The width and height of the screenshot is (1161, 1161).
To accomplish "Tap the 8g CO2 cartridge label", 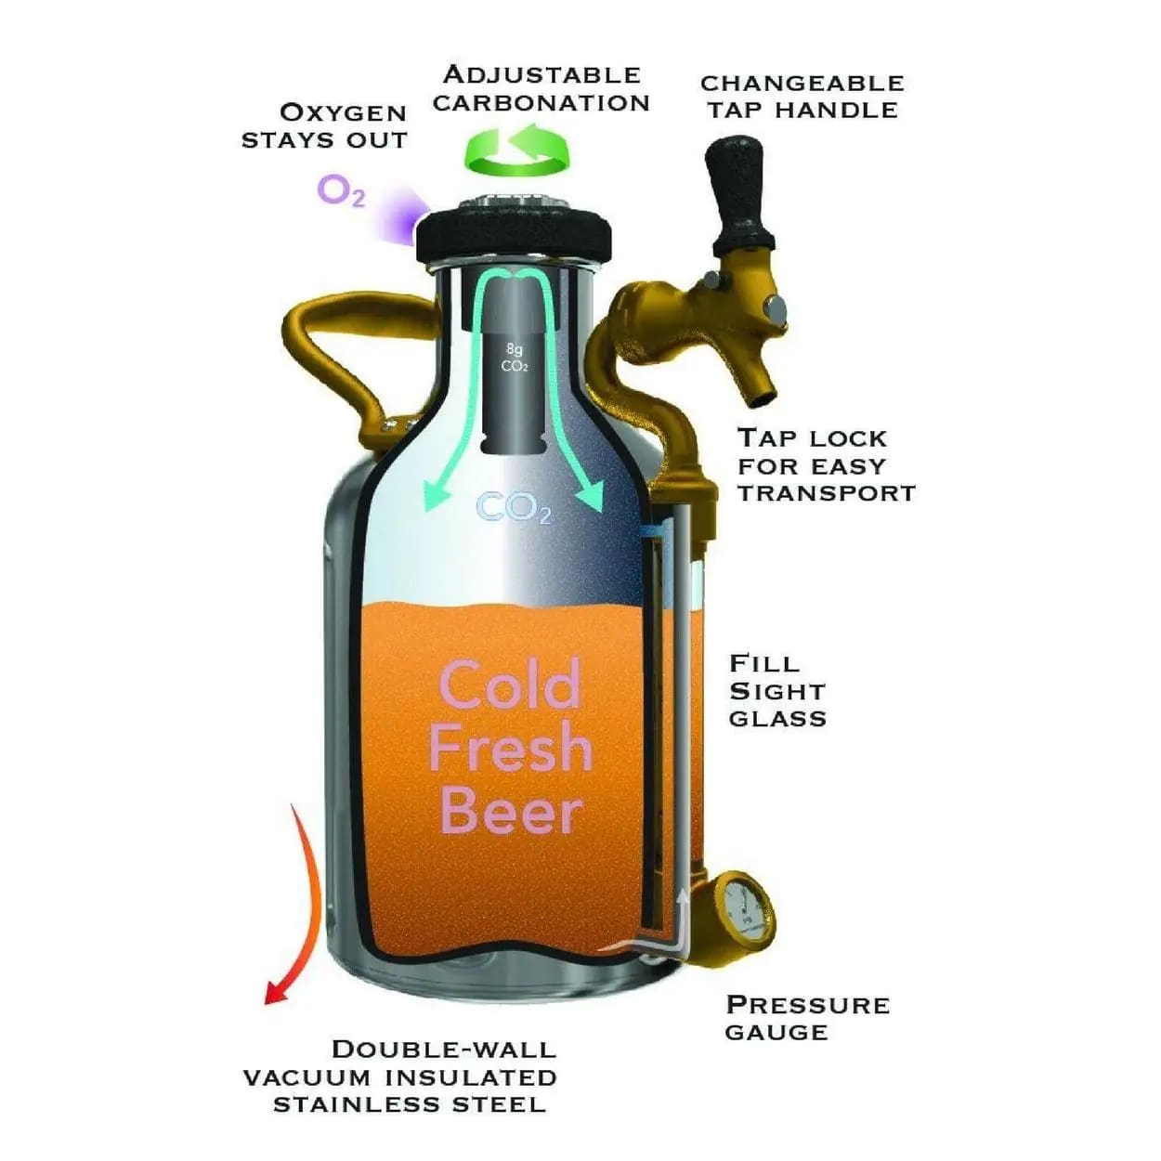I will point(514,358).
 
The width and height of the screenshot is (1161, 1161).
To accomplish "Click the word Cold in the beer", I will point(510,685).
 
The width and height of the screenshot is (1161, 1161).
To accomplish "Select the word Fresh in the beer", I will point(510,749).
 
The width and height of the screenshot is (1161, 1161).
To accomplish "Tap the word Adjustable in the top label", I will point(541,74).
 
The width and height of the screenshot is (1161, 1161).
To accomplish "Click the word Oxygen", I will point(343,112).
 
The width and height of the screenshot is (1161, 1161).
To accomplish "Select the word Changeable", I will point(802,83).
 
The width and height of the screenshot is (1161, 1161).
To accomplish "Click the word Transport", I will point(826,492).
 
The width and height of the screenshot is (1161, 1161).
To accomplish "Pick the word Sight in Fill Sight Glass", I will point(776,691).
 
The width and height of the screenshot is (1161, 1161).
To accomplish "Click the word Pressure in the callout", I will point(807,1005).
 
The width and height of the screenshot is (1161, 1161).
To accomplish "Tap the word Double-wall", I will point(444,1050).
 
